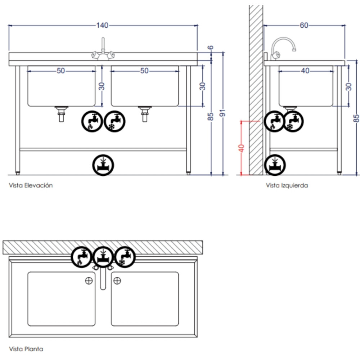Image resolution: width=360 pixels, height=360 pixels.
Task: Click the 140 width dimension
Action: [102, 25]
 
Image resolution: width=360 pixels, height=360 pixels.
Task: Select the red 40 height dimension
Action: [241, 148]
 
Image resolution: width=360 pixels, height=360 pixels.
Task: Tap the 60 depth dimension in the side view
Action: [304, 25]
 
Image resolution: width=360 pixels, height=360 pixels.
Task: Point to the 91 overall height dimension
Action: [222, 113]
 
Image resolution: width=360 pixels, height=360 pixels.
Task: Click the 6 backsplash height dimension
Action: [211, 48]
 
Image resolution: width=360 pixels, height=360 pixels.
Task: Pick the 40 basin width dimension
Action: [305, 71]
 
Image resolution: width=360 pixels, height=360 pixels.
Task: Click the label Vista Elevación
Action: [31, 185]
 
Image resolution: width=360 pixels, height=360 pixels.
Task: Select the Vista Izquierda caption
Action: [287, 185]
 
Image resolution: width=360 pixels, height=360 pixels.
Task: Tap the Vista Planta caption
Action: [26, 349]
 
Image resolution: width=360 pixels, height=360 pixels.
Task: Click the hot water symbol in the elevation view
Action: [92, 121]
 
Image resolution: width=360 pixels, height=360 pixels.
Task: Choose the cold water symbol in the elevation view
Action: [114, 121]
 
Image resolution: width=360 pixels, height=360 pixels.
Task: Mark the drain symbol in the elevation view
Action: [103, 165]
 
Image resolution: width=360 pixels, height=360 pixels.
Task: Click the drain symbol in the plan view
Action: [103, 257]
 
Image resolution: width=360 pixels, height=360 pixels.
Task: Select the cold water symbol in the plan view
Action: [125, 257]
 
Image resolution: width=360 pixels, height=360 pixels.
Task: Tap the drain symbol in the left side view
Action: [275, 165]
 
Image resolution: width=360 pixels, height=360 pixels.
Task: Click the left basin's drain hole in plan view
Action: [89, 280]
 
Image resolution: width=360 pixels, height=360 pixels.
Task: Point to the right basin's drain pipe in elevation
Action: [145, 114]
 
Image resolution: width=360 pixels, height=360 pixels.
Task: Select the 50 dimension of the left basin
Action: [61, 71]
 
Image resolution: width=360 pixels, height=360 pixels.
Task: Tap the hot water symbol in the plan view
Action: [81, 257]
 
